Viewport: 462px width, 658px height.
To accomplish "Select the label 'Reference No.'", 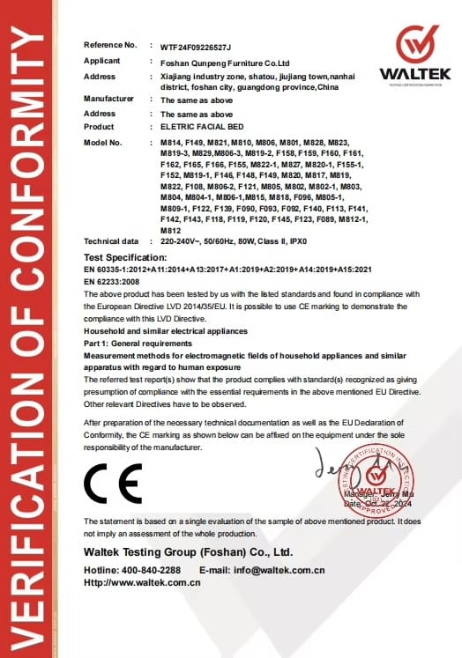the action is (110, 44).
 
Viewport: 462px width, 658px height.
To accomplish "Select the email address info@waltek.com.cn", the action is (285, 571).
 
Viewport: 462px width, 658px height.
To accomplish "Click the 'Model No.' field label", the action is (102, 142).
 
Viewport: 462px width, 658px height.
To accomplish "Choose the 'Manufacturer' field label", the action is (108, 100).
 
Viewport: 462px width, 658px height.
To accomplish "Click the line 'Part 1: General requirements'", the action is (138, 343).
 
